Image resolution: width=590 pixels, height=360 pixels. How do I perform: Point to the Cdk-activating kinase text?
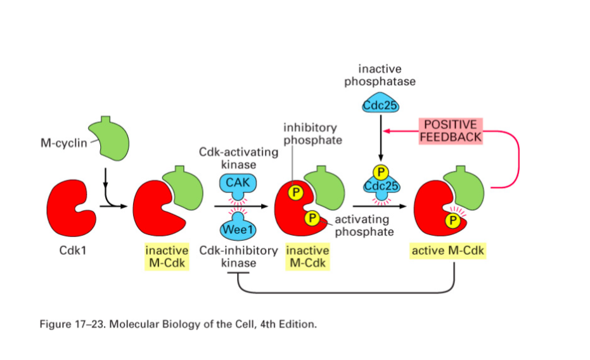pos(238,158)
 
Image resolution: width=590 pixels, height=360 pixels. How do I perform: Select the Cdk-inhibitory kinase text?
pos(238,256)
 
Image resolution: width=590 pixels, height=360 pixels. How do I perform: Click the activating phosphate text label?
pos(362,225)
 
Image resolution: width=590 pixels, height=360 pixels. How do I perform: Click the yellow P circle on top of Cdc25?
pos(380,172)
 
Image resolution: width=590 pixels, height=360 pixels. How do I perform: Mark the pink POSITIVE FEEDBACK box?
pos(451,131)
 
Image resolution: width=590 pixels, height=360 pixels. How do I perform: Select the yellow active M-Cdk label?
pos(447,251)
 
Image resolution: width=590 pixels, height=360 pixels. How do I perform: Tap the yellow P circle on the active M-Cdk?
pos(452,220)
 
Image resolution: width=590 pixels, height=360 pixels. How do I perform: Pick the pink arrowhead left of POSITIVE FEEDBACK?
pos(387,131)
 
